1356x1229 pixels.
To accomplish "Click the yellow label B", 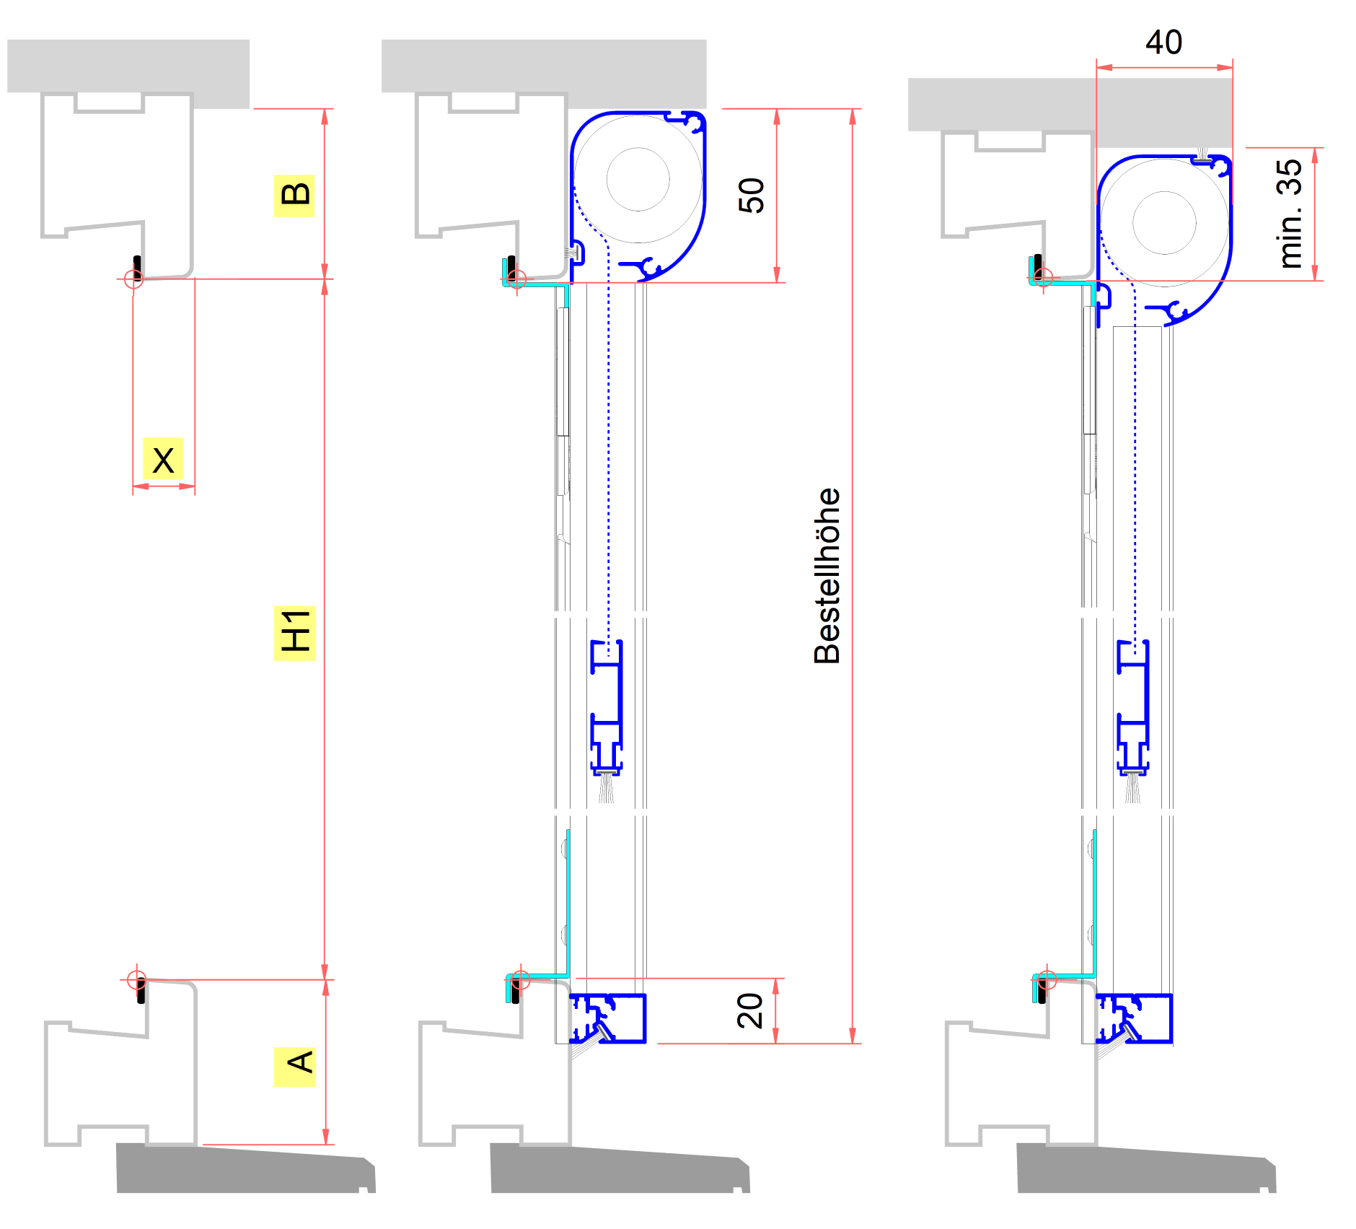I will (x=294, y=196).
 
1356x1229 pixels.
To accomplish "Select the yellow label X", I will (x=163, y=459).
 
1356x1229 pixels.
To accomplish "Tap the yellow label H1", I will (x=295, y=633).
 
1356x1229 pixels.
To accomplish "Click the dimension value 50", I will (x=752, y=196).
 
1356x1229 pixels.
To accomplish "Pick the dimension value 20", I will (x=750, y=1010).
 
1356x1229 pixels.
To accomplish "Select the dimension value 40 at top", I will (x=1163, y=43).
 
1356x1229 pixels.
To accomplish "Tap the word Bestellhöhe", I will (x=827, y=576).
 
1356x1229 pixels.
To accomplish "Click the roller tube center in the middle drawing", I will (x=638, y=179).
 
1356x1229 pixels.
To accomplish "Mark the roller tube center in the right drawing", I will (x=1164, y=223).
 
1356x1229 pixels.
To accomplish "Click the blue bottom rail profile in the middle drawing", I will (x=607, y=1018).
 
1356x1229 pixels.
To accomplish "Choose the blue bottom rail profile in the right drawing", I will (x=1134, y=1018).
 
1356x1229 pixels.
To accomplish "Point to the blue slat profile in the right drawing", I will (x=1133, y=707).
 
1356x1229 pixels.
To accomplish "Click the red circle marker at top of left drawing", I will (x=133, y=279).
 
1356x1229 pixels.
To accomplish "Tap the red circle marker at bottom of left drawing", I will (x=136, y=980).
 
